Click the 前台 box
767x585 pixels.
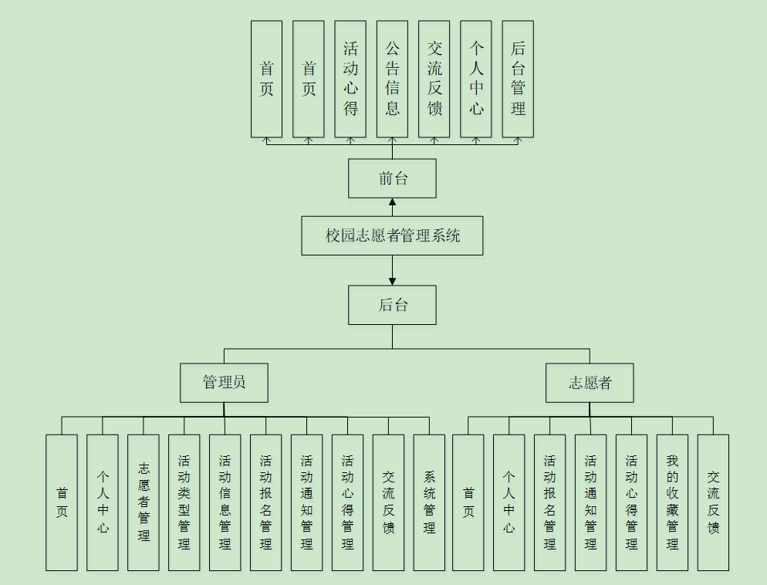click(x=392, y=178)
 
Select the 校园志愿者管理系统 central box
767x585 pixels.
click(x=392, y=235)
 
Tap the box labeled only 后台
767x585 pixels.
click(x=392, y=305)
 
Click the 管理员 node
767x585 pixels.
click(x=224, y=383)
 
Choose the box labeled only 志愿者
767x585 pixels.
click(x=590, y=383)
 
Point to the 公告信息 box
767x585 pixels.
click(x=392, y=79)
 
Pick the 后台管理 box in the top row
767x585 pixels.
click(x=518, y=79)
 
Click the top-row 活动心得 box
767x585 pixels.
click(x=350, y=79)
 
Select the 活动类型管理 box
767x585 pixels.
click(x=184, y=502)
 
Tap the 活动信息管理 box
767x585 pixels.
click(x=225, y=502)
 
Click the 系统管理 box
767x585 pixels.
click(x=429, y=502)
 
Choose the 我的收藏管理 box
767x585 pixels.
click(x=672, y=502)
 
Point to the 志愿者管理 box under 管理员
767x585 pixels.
click(x=144, y=502)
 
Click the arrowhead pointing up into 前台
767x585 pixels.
click(x=392, y=203)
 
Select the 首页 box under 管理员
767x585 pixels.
click(x=62, y=502)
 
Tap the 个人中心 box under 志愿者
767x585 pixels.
click(x=509, y=502)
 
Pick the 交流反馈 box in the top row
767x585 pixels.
click(x=434, y=79)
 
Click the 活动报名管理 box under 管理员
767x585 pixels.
click(x=265, y=502)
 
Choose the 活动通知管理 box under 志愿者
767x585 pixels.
click(x=590, y=502)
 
